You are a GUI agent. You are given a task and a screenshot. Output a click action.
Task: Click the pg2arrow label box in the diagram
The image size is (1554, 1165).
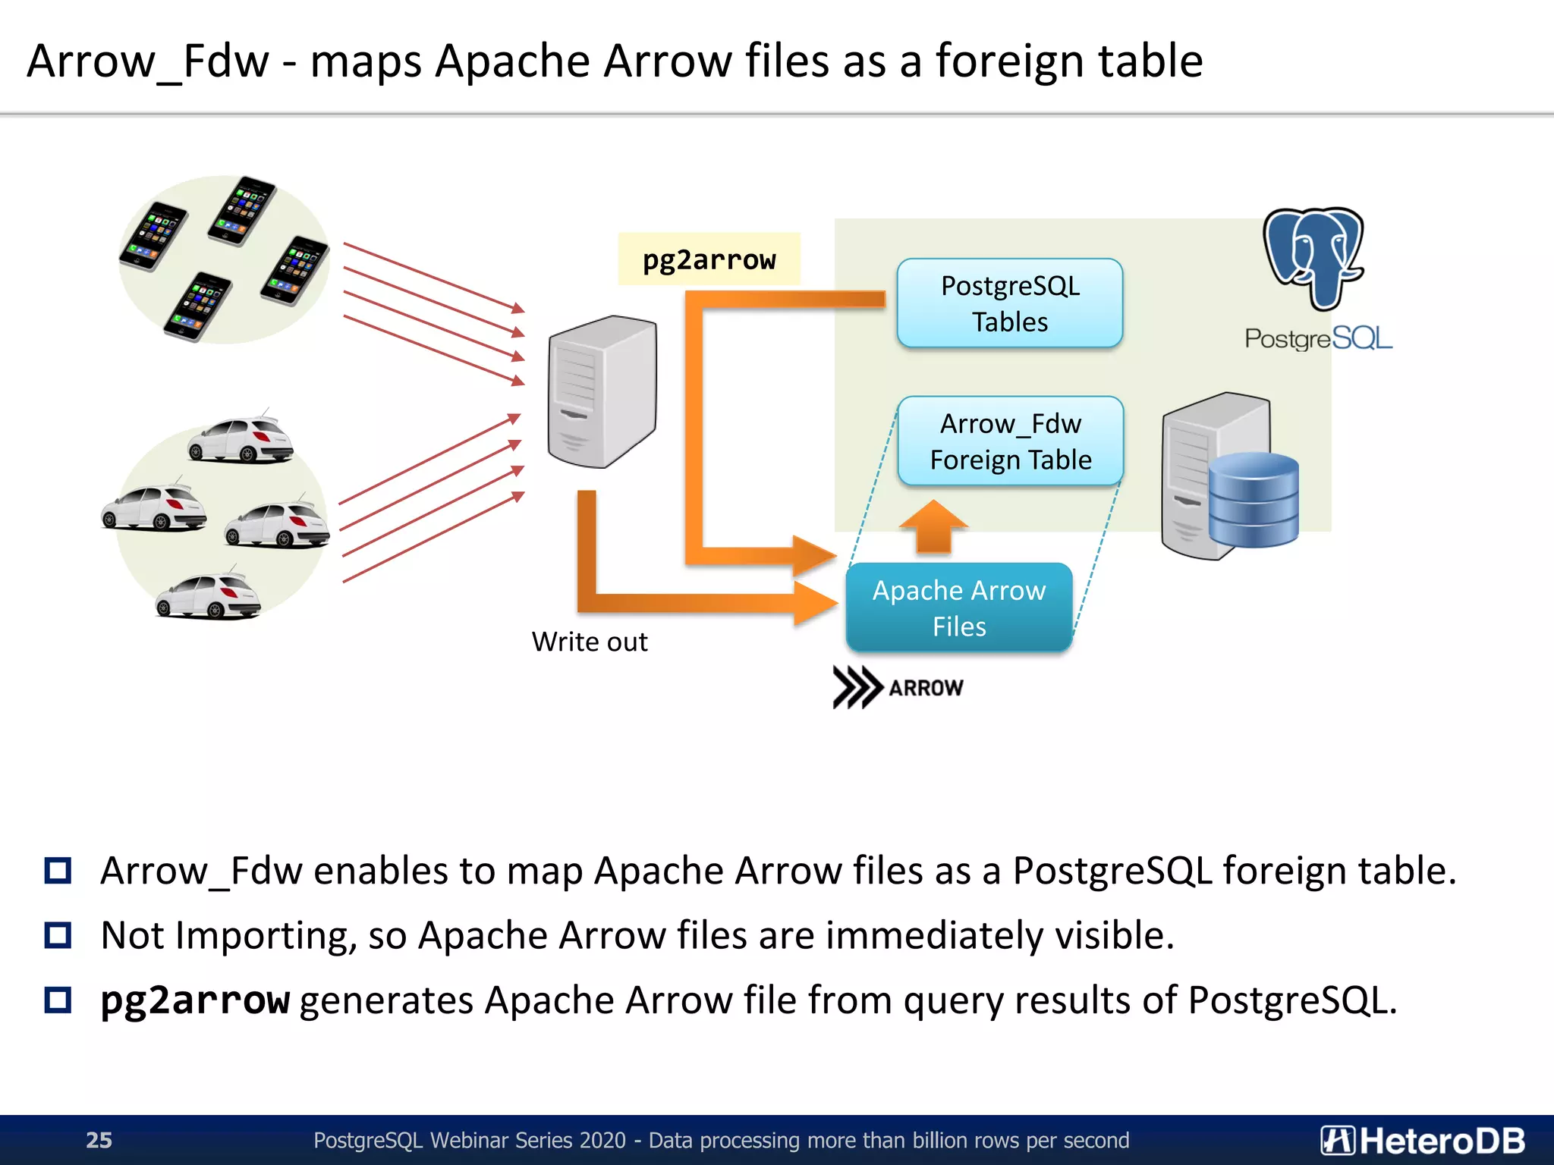[x=709, y=259]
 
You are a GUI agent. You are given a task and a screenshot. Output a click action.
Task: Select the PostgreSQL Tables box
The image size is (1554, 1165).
[x=1009, y=303]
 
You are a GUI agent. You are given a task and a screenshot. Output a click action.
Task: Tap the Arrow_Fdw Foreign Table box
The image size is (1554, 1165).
[x=1010, y=441]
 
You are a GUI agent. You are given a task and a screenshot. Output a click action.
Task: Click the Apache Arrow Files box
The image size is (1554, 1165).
[x=959, y=608]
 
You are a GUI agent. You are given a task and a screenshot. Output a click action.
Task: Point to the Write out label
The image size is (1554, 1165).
[x=590, y=642]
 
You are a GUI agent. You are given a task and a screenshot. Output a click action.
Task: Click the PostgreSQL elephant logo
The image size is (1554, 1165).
[x=1314, y=258]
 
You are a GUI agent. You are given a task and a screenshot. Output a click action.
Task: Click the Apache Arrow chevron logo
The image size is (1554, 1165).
[x=857, y=687]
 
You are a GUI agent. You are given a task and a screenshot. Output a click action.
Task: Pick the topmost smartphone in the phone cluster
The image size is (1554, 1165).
[x=243, y=211]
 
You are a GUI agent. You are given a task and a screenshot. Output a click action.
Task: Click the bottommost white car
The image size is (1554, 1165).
[x=208, y=597]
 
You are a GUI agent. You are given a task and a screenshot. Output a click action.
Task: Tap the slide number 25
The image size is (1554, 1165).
[x=99, y=1140]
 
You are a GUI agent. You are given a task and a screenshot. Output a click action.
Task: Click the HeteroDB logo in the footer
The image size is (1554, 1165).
[x=1423, y=1140]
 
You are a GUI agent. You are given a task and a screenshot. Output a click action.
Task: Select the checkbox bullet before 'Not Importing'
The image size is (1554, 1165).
[x=58, y=935]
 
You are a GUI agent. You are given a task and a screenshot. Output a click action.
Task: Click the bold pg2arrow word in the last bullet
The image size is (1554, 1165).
[x=195, y=1000]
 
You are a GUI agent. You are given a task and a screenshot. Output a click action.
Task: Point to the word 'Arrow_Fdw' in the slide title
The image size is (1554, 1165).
[x=148, y=61]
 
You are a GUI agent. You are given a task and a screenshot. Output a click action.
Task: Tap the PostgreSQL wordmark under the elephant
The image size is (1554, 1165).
[x=1318, y=338]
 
